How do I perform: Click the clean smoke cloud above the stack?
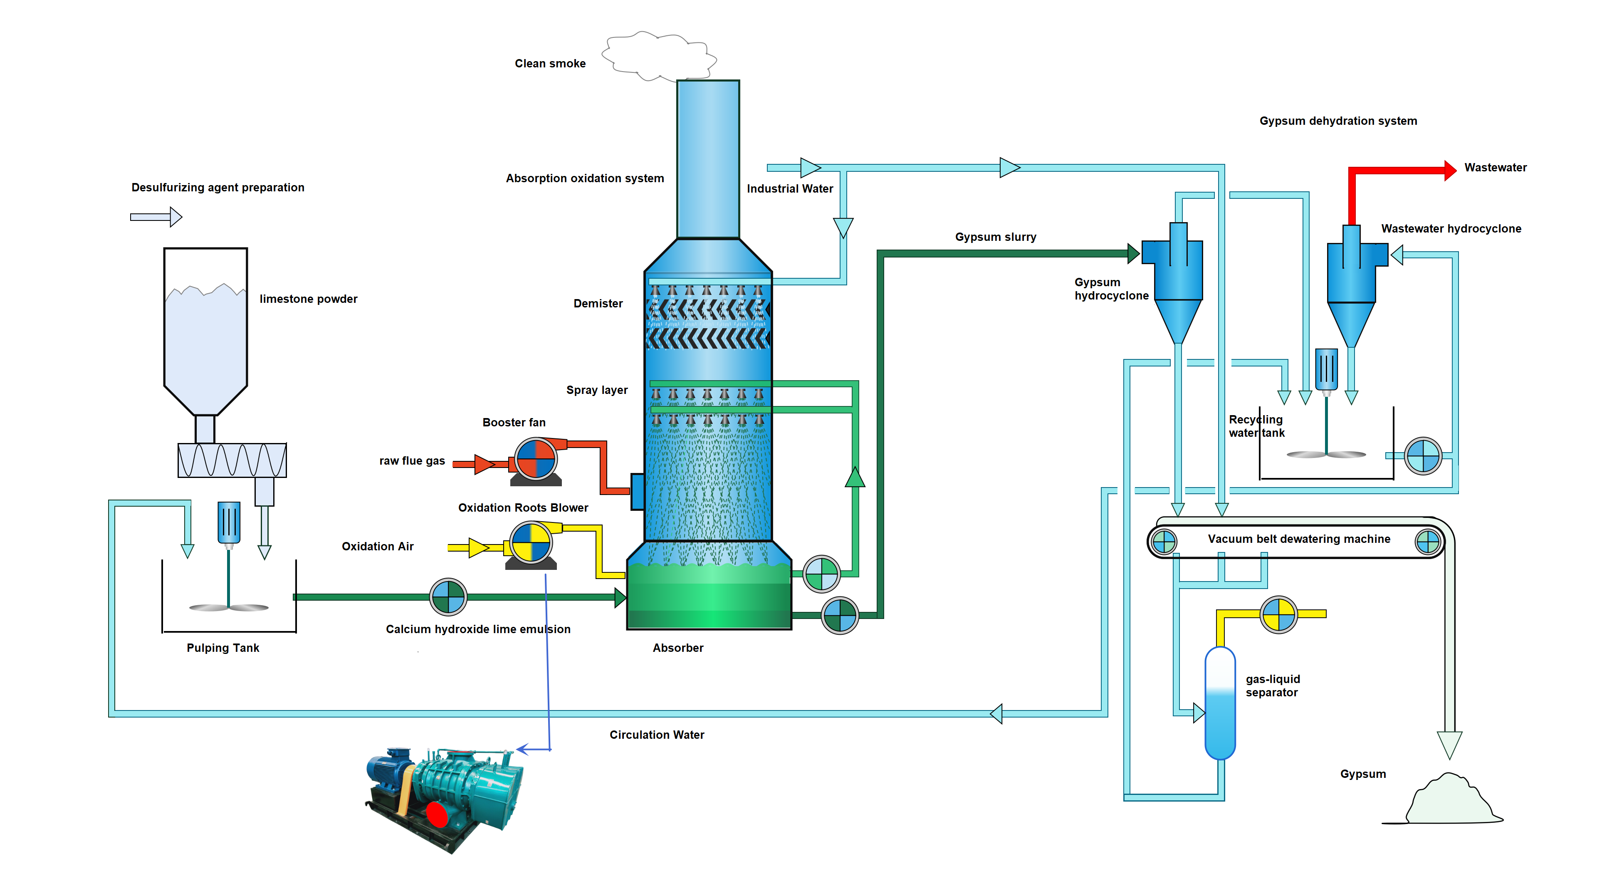point(658,56)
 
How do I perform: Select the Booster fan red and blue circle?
point(536,459)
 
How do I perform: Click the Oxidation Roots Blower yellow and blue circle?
point(531,542)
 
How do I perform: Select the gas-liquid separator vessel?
point(1219,704)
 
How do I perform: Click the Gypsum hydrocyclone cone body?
point(1177,320)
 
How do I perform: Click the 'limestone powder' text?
point(308,299)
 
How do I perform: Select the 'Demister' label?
point(598,303)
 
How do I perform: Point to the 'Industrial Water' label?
point(789,188)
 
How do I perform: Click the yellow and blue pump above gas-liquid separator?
point(1278,614)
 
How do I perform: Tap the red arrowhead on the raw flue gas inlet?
point(484,464)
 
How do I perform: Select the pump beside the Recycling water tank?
point(1423,456)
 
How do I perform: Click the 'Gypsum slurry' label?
point(995,237)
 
